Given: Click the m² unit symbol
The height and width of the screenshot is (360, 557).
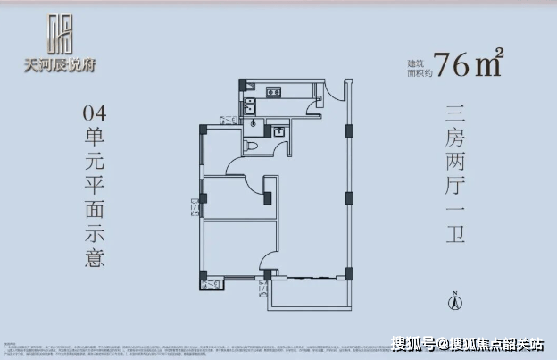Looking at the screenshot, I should coord(490,63).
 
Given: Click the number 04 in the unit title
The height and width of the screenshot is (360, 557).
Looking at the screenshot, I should coord(93,113).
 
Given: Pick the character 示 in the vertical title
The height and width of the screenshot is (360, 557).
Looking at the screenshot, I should coord(93,233).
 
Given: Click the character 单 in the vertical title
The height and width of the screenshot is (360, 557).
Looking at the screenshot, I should coord(93,142).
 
